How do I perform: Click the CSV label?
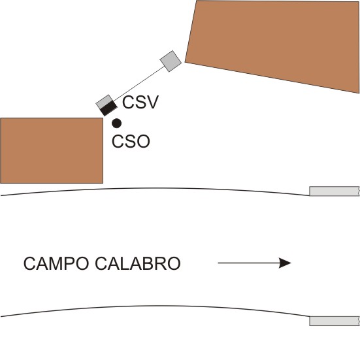(140, 102)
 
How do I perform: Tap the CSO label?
(131, 141)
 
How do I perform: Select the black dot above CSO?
(117, 123)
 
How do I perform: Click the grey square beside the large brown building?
(171, 61)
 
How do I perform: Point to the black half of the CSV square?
(109, 108)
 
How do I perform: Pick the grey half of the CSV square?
(105, 102)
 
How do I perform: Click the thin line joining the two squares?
(139, 84)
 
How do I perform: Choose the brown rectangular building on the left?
(52, 151)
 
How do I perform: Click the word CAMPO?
(56, 263)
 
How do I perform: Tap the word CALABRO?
(138, 263)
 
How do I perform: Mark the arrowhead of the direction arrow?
(285, 263)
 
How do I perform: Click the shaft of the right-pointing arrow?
(248, 263)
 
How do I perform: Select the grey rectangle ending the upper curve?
(335, 191)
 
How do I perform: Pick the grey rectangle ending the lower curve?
(335, 321)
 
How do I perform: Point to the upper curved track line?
(155, 188)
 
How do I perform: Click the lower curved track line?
(155, 306)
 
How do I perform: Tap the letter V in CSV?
(152, 102)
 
